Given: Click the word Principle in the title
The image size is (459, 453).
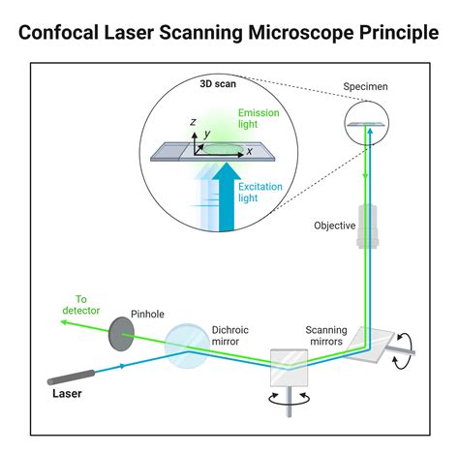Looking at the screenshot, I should (x=388, y=33).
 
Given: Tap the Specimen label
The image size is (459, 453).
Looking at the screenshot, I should (x=367, y=87).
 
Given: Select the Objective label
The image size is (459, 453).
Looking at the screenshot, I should (x=334, y=226).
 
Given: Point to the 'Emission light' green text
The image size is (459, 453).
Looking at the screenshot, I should (x=259, y=119).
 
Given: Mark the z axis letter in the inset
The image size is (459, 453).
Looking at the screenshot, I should (x=194, y=123).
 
